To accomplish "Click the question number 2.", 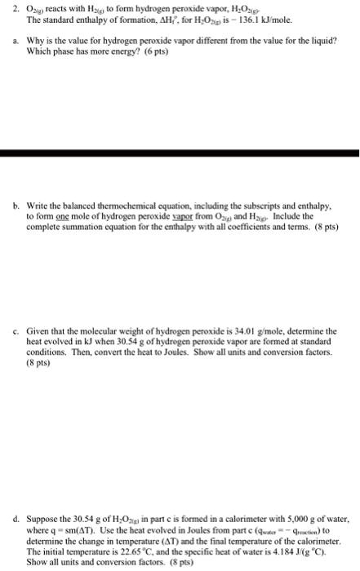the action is tap(6, 8).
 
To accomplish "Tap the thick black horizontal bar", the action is tap(180, 153).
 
